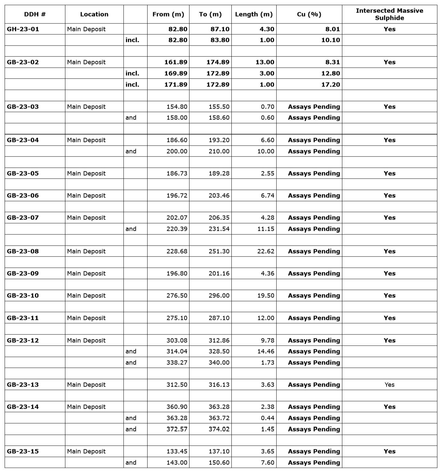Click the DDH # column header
pos(35,14)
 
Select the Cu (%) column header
pos(309,14)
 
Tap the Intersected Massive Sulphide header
pos(389,14)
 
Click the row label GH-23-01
pos(23,29)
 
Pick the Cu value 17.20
pos(330,85)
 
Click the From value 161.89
pos(176,62)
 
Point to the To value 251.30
pos(219,251)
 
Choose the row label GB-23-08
pos(23,251)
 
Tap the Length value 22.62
pos(265,251)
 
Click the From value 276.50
pos(177,295)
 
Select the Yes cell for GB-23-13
pos(390,385)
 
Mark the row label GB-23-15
pos(23,451)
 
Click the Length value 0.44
pos(267,418)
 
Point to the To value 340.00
pos(219,362)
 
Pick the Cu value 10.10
pos(330,40)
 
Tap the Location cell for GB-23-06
pos(86,195)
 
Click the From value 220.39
pos(177,229)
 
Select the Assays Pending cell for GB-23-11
pos(314,318)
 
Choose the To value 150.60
pos(219,462)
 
